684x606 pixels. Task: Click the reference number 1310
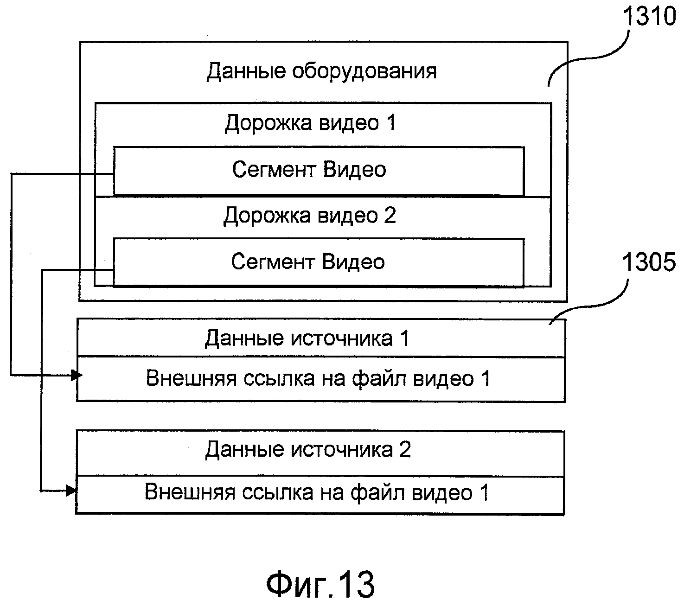click(649, 17)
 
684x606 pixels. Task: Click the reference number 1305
click(649, 263)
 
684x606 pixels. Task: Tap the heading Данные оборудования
click(321, 71)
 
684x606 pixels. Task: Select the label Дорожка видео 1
click(310, 123)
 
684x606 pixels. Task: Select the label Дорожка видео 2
click(310, 216)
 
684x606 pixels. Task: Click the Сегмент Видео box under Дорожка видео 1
click(319, 171)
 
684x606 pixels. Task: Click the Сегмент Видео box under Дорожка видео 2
click(319, 262)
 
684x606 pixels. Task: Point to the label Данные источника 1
click(307, 338)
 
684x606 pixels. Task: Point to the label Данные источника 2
click(308, 450)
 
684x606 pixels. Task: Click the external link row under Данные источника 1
click(320, 379)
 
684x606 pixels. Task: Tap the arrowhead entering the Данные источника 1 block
click(76, 375)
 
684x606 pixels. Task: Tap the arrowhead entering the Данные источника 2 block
click(70, 490)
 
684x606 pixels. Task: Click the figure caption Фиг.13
click(320, 585)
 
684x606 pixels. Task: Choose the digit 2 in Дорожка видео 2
click(390, 216)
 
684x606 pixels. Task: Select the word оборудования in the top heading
click(364, 71)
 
